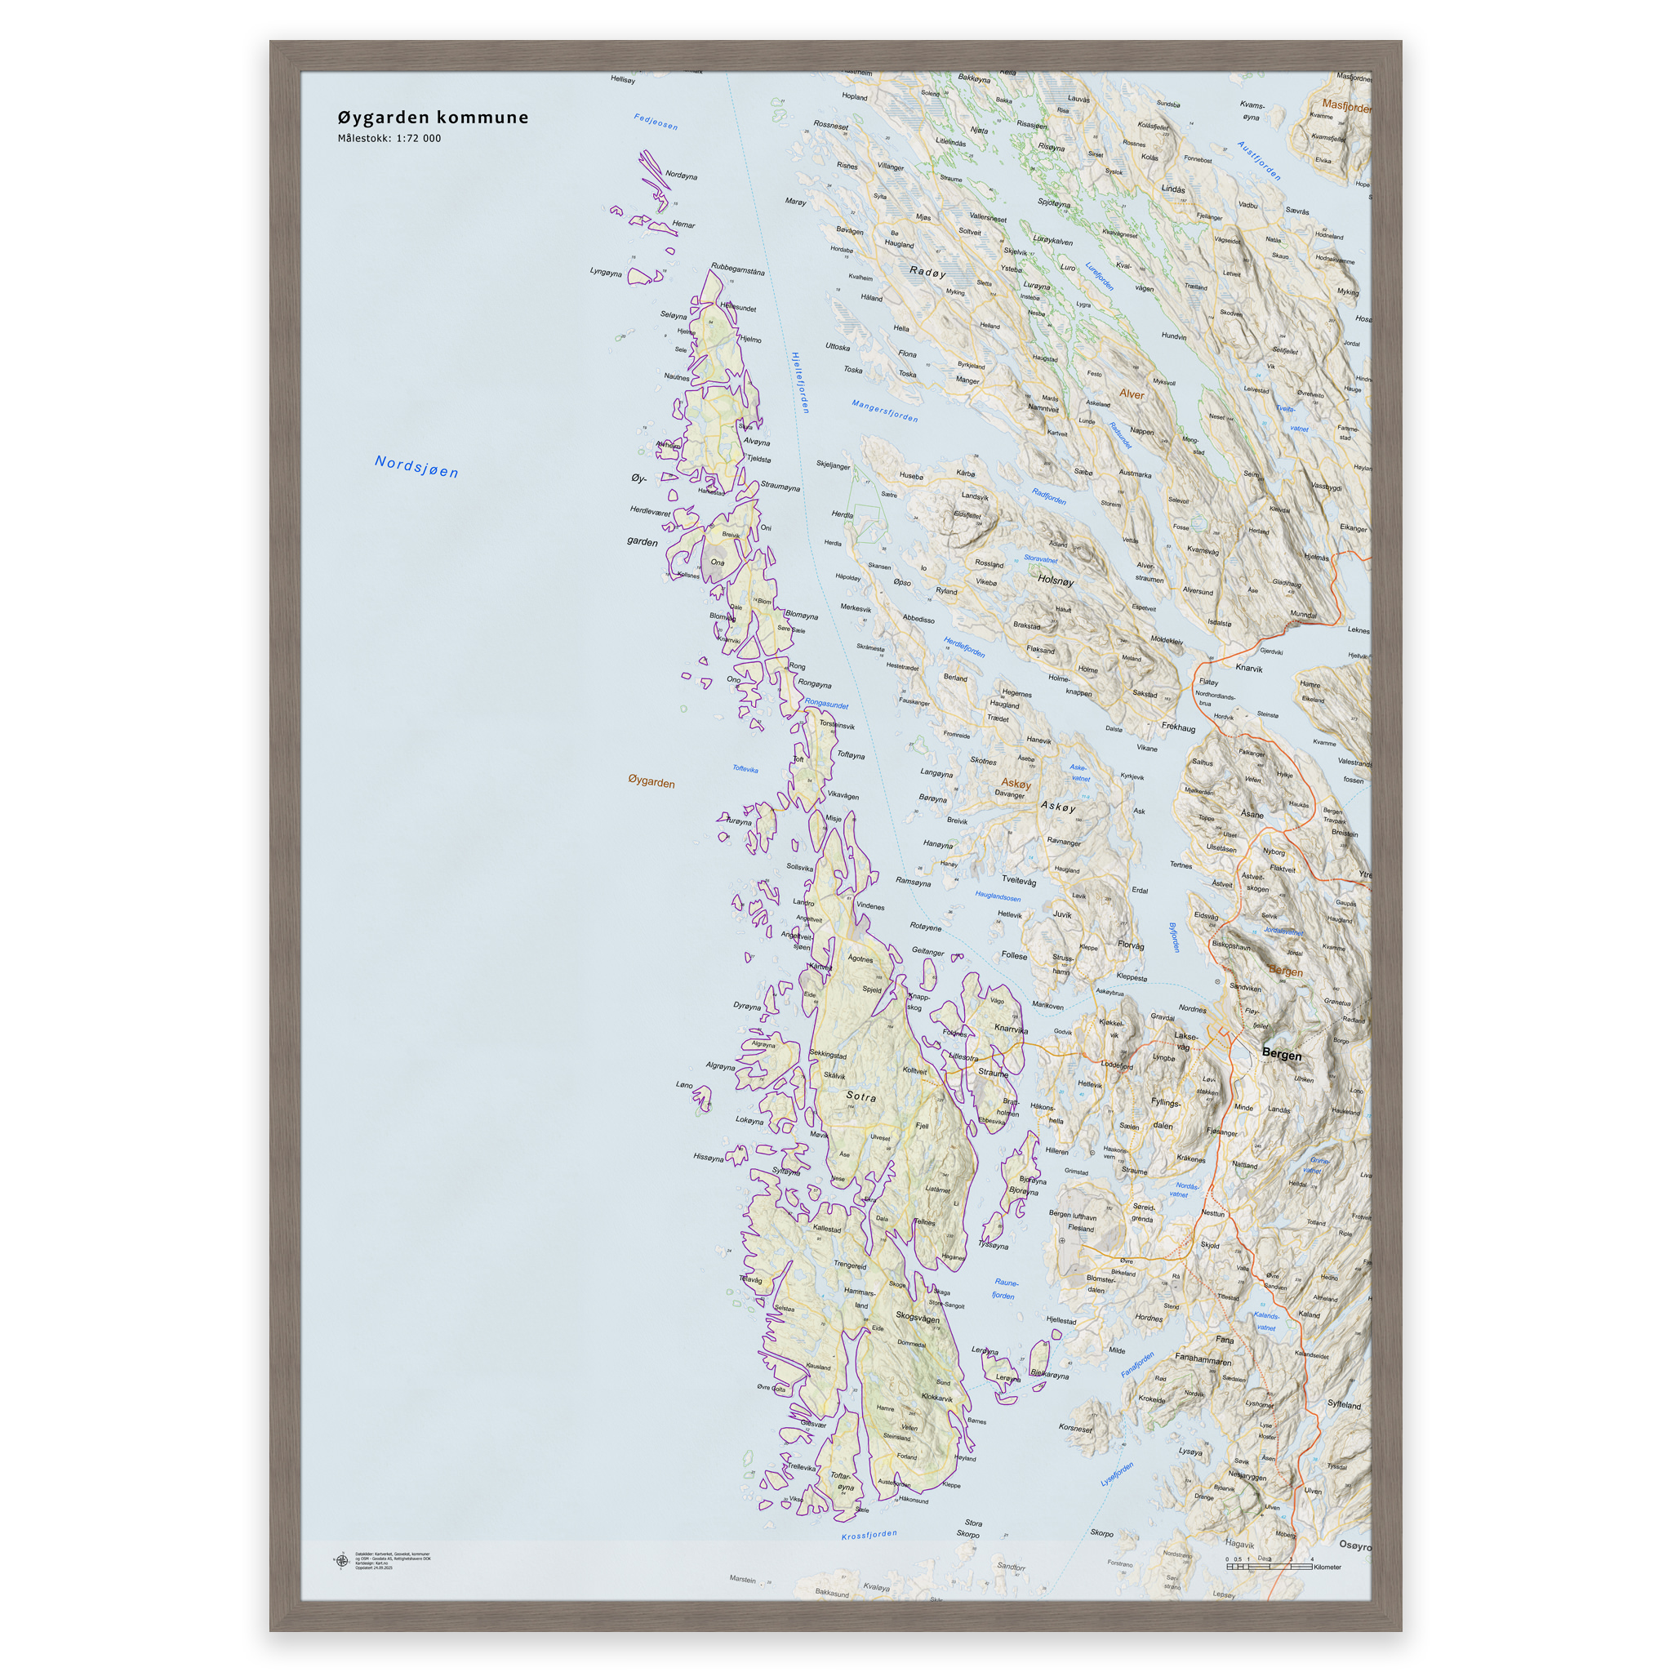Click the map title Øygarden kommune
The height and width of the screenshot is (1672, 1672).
(x=433, y=118)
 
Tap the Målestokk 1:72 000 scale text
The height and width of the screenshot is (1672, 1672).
(x=389, y=139)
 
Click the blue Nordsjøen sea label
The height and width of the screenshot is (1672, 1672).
(x=416, y=466)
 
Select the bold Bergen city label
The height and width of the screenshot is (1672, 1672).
(x=1281, y=1054)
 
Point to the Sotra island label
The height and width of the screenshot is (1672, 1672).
(x=860, y=1096)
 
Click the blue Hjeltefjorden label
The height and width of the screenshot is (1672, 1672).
(x=801, y=381)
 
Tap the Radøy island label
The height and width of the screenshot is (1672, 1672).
(x=927, y=272)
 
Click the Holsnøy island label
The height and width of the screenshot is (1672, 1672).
(x=1056, y=580)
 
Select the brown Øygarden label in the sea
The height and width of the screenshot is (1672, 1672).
(x=651, y=782)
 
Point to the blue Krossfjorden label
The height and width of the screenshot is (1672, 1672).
(x=869, y=1534)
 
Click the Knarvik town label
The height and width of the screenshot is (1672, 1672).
(x=1249, y=668)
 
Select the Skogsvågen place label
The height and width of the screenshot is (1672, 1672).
(x=918, y=1318)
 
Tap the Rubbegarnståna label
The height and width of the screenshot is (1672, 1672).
(x=737, y=269)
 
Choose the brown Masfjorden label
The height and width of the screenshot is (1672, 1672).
(x=1345, y=106)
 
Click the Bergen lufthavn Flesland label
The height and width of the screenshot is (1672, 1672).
(x=1073, y=1221)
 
